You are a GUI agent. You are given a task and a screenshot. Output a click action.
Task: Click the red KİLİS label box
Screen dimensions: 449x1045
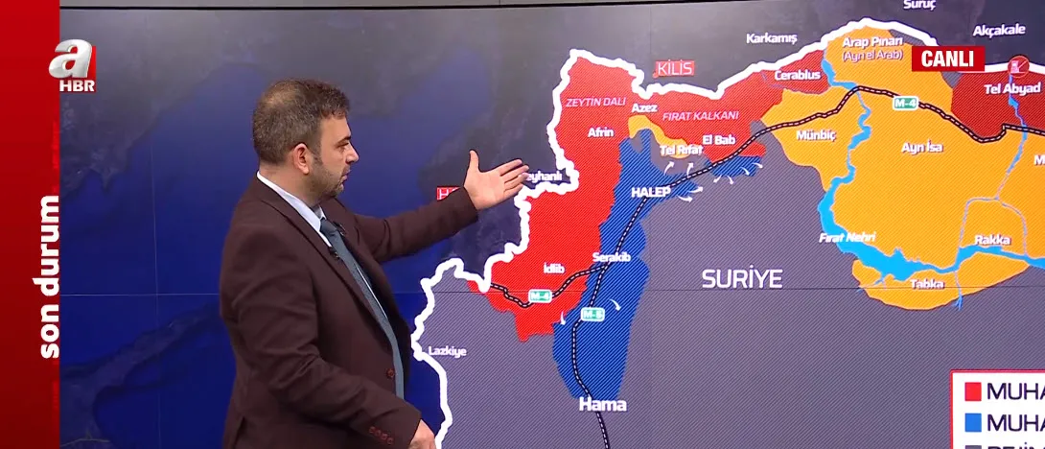click(674, 68)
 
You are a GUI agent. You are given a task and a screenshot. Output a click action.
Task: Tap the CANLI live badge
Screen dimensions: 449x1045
click(947, 59)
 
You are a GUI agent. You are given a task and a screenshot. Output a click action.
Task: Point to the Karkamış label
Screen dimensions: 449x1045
click(772, 38)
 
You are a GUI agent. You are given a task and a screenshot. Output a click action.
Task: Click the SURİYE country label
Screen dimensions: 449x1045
click(741, 279)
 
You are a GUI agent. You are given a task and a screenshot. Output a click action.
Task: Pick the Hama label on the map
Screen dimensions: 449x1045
click(602, 404)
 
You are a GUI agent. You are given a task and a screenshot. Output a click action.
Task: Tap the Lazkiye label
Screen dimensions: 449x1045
click(447, 351)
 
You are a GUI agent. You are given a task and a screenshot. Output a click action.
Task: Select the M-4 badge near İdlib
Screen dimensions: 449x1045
click(539, 295)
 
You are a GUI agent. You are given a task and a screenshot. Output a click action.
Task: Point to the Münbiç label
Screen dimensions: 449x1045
click(816, 135)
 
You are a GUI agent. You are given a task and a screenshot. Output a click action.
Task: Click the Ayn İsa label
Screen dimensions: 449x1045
click(921, 147)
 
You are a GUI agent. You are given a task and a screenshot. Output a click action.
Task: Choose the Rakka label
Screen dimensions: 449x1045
click(991, 240)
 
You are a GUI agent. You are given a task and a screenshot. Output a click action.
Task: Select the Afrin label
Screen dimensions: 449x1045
click(600, 132)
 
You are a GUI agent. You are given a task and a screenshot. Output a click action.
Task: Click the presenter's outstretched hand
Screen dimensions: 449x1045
click(495, 179)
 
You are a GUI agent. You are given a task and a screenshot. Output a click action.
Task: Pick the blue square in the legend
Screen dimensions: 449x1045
click(971, 423)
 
